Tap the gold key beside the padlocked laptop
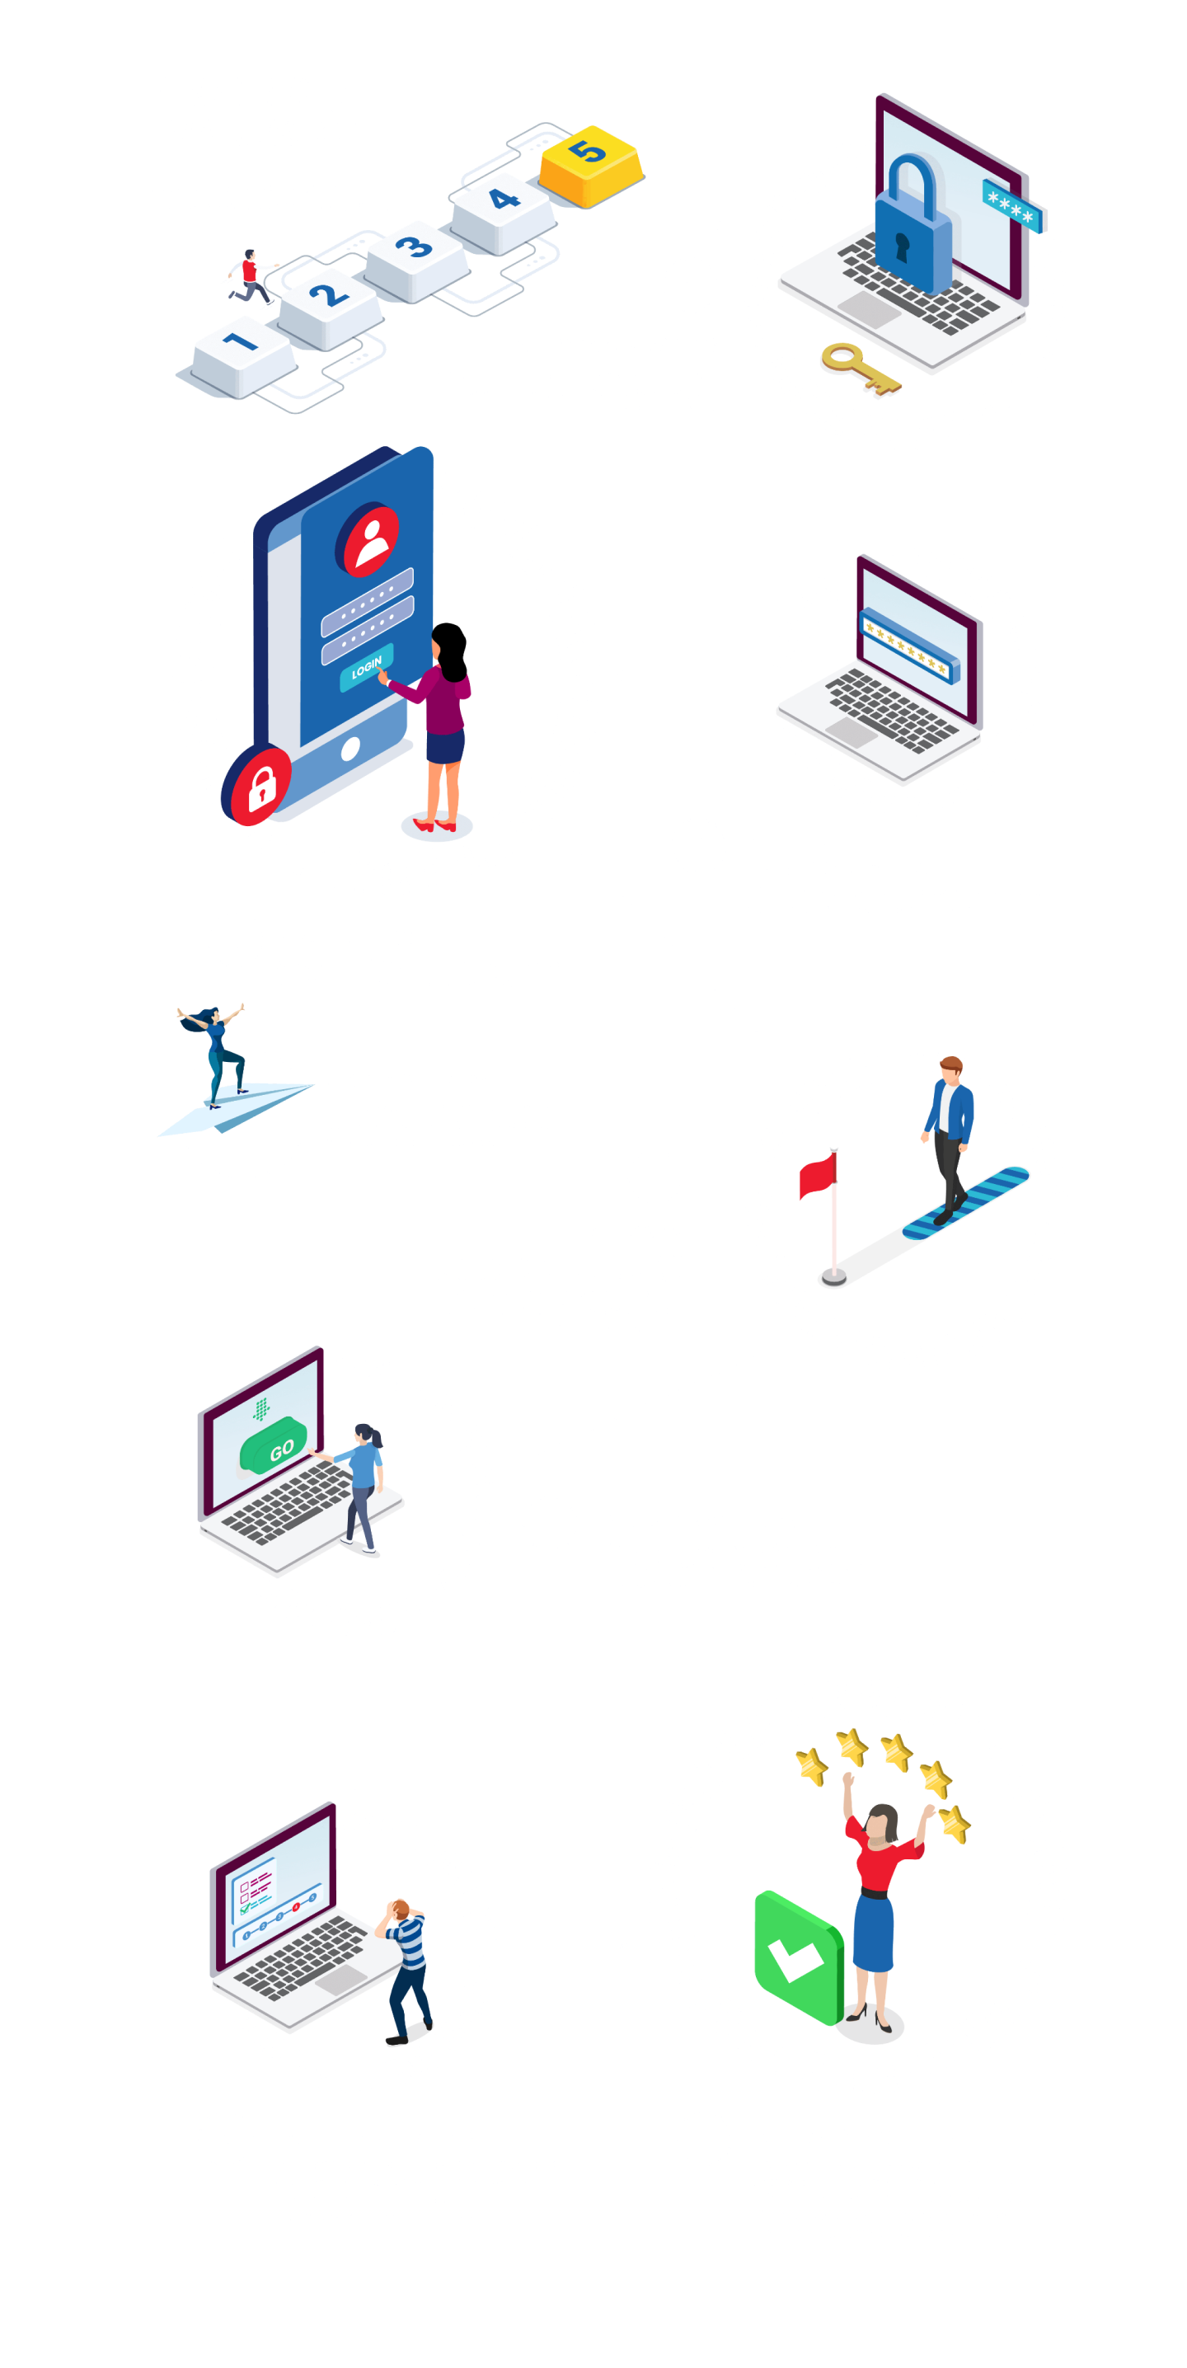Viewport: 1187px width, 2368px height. pyautogui.click(x=858, y=367)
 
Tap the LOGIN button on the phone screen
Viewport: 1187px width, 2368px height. pyautogui.click(x=368, y=666)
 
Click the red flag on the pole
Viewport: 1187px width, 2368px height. pyautogui.click(x=819, y=1176)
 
